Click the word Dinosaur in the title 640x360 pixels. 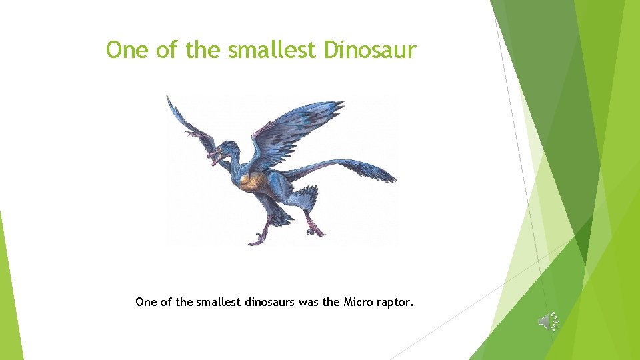pyautogui.click(x=370, y=50)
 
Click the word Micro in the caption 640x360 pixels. pyautogui.click(x=358, y=302)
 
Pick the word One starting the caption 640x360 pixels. pyautogui.click(x=145, y=302)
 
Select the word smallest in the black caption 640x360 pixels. pyautogui.click(x=213, y=302)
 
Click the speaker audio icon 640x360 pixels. pyautogui.click(x=547, y=321)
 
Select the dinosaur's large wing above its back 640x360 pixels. pyautogui.click(x=300, y=130)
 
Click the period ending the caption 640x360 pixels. pyautogui.click(x=413, y=306)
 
